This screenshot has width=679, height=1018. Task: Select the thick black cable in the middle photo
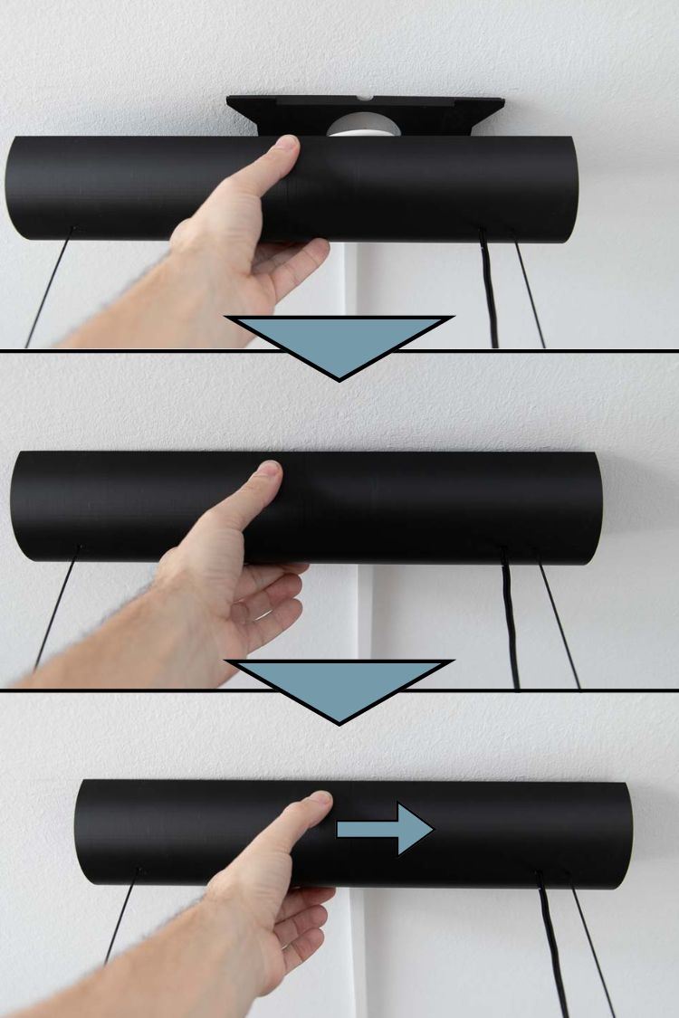[x=511, y=624]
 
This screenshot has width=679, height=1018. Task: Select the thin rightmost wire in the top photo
[x=530, y=290]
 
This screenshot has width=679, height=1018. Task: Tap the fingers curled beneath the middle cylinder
[x=272, y=606]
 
